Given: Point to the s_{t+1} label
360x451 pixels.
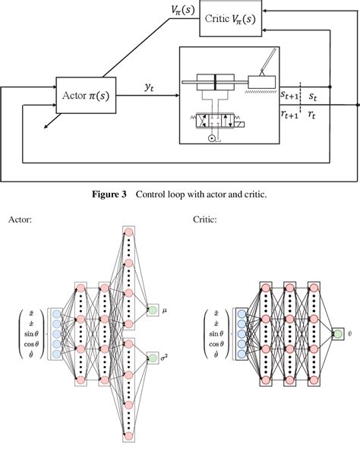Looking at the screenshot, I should click(289, 96).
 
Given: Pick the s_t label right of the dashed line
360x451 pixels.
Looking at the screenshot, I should click(313, 96).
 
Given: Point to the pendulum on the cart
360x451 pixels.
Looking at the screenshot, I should click(268, 65).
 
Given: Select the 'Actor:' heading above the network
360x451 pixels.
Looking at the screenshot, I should click(21, 220).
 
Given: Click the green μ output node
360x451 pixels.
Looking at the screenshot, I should click(153, 310).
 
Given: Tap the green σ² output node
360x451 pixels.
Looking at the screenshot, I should click(153, 357).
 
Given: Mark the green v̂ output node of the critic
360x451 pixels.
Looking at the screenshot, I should click(338, 333).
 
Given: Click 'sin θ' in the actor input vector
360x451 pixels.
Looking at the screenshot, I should click(32, 333).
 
